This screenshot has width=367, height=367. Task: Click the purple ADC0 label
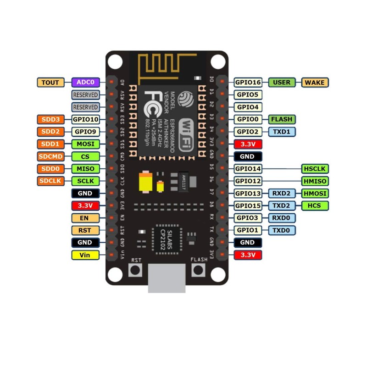[85, 83]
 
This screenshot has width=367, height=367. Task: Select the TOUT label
[50, 83]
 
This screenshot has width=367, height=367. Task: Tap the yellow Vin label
[85, 255]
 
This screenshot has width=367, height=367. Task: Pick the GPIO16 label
[248, 83]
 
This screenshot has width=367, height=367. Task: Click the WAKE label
[316, 83]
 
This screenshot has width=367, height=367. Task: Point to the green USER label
[282, 83]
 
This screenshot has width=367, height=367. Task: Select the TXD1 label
[282, 132]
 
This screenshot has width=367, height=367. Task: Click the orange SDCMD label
[50, 156]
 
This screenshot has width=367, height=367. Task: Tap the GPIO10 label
[85, 119]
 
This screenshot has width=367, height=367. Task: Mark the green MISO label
[85, 169]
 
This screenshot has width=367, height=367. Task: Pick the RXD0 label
[282, 218]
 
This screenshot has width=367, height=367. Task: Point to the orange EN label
[85, 218]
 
